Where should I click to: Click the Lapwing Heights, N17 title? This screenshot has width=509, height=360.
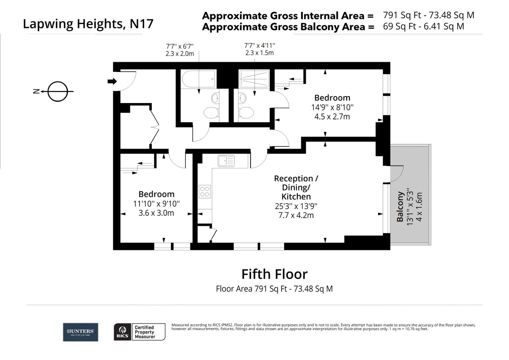88,24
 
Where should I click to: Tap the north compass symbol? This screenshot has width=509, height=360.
57,91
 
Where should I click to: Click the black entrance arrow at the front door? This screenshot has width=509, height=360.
112,81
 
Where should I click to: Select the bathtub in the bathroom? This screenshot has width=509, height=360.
199,79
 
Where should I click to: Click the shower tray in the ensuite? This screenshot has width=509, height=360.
254,79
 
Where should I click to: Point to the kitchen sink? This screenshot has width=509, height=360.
226,161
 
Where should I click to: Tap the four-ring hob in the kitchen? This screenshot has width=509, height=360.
205,191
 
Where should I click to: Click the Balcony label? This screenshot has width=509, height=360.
400,207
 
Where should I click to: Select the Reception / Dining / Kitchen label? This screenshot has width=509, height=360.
296,187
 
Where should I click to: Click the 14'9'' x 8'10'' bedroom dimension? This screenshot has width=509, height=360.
332,107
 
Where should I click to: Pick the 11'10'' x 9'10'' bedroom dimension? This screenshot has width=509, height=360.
156,204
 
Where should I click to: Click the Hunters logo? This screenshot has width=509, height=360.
81,332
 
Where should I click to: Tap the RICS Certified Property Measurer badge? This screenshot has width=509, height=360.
140,332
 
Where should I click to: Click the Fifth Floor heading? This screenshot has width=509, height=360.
274,274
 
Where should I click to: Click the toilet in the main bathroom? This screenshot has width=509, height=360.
211,112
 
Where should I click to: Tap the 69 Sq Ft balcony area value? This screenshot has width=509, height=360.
423,26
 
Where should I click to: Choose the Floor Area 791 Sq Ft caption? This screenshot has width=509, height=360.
274,289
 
